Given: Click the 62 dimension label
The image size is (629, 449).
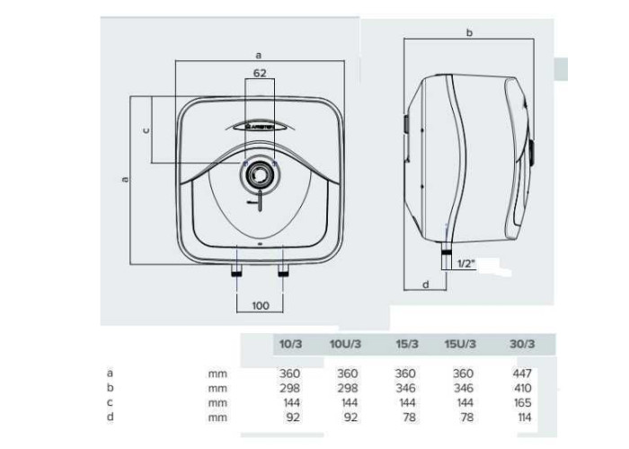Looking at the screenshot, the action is pyautogui.click(x=260, y=73).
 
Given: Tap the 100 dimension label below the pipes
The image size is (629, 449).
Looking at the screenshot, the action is pyautogui.click(x=261, y=306).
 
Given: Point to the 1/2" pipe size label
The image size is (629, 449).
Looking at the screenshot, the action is pyautogui.click(x=465, y=263).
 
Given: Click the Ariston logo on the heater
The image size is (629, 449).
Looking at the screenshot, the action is pyautogui.click(x=261, y=128).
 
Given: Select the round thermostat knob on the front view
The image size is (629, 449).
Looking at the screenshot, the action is pyautogui.click(x=260, y=174).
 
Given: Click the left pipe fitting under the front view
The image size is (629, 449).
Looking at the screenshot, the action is pyautogui.click(x=236, y=271).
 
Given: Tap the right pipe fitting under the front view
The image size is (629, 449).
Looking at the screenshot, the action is pyautogui.click(x=283, y=271).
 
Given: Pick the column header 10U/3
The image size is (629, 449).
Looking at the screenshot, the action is pyautogui.click(x=345, y=344).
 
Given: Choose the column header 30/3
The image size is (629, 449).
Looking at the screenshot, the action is pyautogui.click(x=522, y=344).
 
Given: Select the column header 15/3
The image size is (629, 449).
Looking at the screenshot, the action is pyautogui.click(x=407, y=344).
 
